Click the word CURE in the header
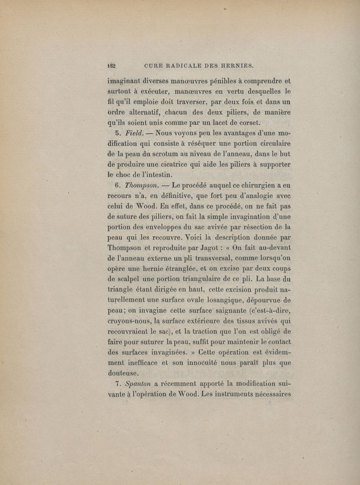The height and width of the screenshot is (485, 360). pyautogui.click(x=157, y=65)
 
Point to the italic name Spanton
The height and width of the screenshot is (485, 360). pyautogui.click(x=139, y=384)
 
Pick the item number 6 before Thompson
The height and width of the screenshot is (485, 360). pyautogui.click(x=118, y=186)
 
